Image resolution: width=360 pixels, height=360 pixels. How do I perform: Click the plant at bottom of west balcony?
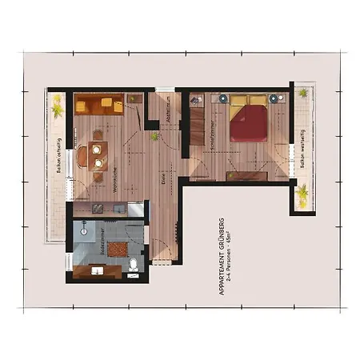(x=303, y=195)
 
